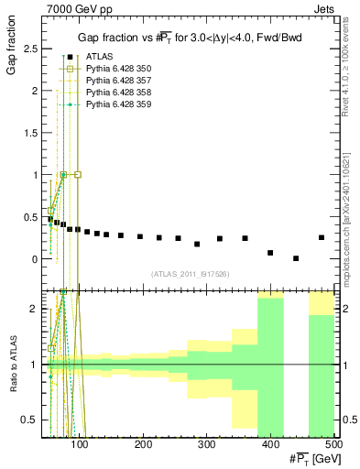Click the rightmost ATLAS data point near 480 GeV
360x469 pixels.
(322, 237)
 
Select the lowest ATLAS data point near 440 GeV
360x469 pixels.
(296, 258)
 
